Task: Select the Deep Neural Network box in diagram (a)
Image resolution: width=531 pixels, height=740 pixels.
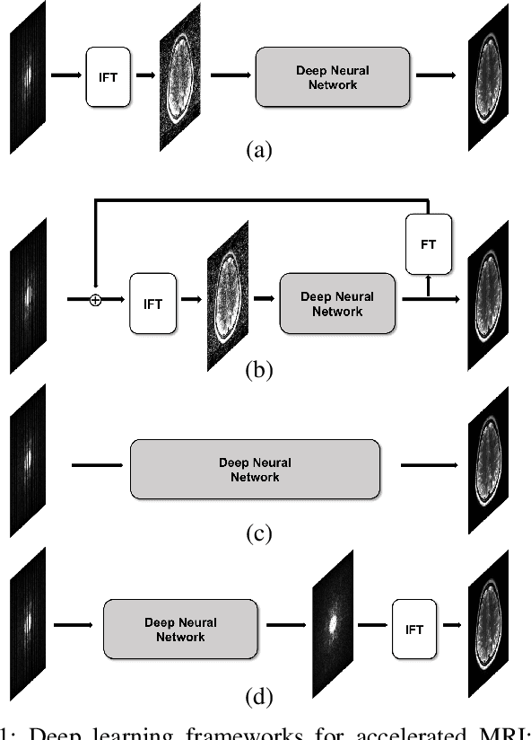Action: coord(333,78)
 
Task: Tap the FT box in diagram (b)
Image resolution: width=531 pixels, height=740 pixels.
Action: coord(428,244)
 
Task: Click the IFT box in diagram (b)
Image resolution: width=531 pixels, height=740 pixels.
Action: coord(153,304)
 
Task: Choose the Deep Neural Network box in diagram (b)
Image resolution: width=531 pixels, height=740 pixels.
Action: coord(337,304)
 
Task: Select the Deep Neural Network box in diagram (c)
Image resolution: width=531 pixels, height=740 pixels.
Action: coord(255,470)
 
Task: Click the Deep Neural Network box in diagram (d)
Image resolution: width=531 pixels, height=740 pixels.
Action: coord(180,630)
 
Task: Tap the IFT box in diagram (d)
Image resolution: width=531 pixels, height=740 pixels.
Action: coord(414,630)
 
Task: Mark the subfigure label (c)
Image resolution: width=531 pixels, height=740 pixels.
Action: coord(259,533)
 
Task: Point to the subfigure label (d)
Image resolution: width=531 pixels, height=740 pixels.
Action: coord(259,696)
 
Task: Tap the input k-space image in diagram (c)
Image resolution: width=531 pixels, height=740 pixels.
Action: coord(29,462)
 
